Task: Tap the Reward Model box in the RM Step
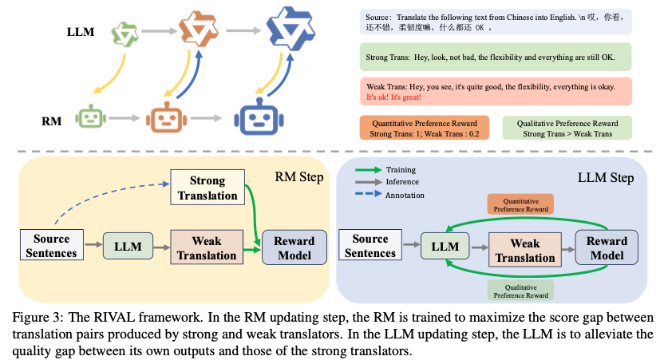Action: pyautogui.click(x=294, y=247)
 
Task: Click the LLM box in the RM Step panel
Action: pyautogui.click(x=127, y=246)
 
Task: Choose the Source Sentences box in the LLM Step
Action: pyautogui.click(x=370, y=246)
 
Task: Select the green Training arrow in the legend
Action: pyautogui.click(x=366, y=170)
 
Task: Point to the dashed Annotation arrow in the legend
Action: pyautogui.click(x=366, y=194)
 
